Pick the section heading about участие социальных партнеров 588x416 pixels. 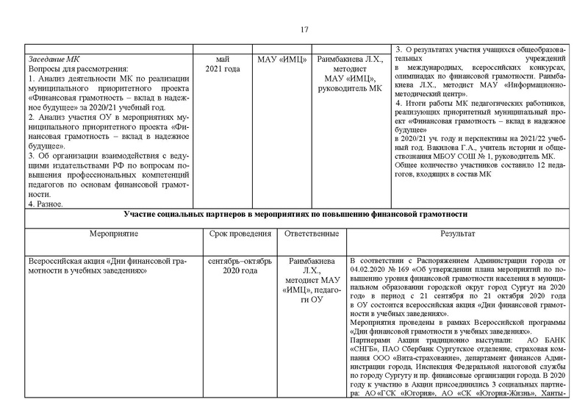pos(295,214)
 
